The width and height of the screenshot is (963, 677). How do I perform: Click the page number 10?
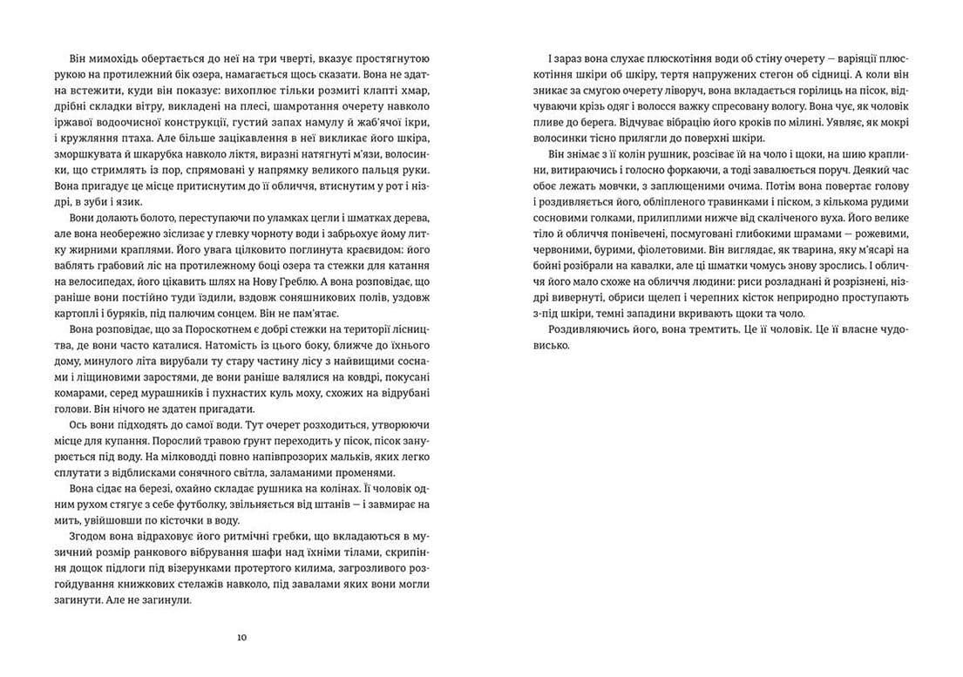pos(241,638)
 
